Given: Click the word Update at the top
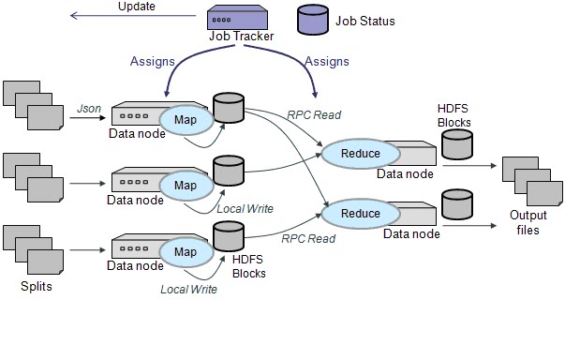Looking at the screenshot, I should coord(138,7).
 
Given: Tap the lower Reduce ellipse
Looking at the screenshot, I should coord(360,214).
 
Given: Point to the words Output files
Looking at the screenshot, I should coord(528,222).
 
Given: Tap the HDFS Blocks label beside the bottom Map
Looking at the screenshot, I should coord(248,267).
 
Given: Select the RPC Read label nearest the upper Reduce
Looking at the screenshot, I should coord(313,115).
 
